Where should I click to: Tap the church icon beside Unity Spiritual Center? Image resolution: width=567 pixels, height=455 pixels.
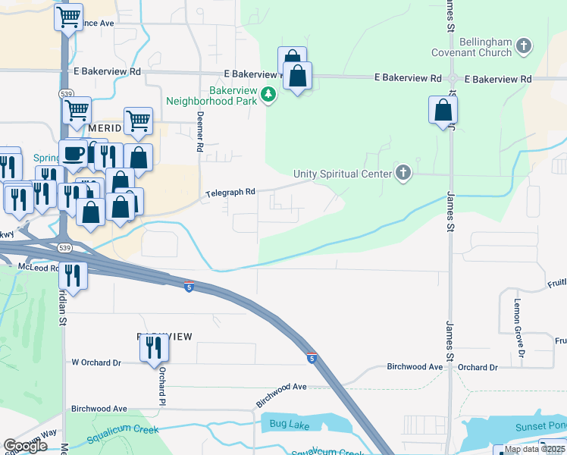point(403,174)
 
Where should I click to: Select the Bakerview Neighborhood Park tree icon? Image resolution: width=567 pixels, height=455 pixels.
point(268,94)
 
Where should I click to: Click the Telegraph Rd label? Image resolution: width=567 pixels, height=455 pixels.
point(230,193)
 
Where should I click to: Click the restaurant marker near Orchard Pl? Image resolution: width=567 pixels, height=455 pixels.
point(154,348)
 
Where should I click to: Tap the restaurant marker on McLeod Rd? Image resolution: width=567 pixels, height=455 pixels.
point(73,275)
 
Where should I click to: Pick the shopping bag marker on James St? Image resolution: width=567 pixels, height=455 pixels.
point(443,112)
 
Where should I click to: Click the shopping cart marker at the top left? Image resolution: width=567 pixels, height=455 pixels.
point(68,17)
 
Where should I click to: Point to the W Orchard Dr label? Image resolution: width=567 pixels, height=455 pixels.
point(96,362)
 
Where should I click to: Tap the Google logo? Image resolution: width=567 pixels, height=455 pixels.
point(25,446)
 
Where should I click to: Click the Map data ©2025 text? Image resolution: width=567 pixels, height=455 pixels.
point(534,449)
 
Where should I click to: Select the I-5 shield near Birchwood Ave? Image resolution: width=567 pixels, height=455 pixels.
point(312,357)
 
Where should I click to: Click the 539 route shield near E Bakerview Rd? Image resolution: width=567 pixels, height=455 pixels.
point(65,93)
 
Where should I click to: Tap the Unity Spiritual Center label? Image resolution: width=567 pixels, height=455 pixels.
point(343,174)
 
